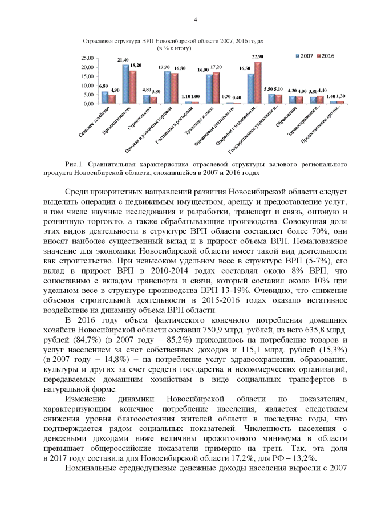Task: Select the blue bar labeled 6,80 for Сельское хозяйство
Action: point(104,97)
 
